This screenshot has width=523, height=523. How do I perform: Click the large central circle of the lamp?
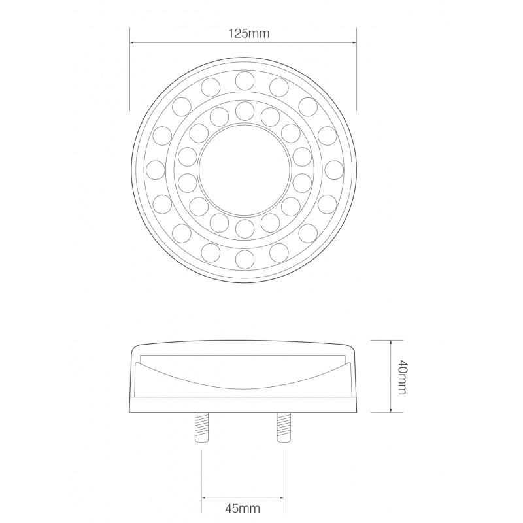[x=245, y=169]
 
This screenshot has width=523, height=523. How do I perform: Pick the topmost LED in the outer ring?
[x=245, y=80]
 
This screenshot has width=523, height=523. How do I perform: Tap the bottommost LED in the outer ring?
[x=245, y=259]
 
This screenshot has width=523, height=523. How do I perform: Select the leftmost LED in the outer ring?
[x=156, y=169]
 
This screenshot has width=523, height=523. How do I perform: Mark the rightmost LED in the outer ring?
[x=334, y=169]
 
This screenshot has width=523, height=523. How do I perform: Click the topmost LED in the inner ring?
[x=245, y=109]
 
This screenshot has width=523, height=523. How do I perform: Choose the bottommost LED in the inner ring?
[x=245, y=228]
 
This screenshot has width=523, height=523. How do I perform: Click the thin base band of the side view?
[x=245, y=406]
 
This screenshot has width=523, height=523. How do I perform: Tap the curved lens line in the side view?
[x=245, y=386]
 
